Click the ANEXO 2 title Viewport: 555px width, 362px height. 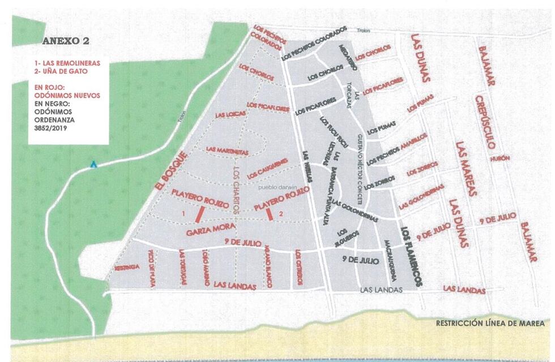point(66,41)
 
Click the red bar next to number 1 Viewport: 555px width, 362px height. point(199,214)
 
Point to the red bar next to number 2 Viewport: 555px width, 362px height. point(270,214)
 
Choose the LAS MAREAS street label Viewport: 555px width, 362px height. point(466,168)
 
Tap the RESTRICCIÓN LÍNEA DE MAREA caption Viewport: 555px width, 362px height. point(489,324)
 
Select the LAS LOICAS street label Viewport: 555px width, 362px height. point(229,115)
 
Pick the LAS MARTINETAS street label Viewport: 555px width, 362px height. point(227,152)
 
